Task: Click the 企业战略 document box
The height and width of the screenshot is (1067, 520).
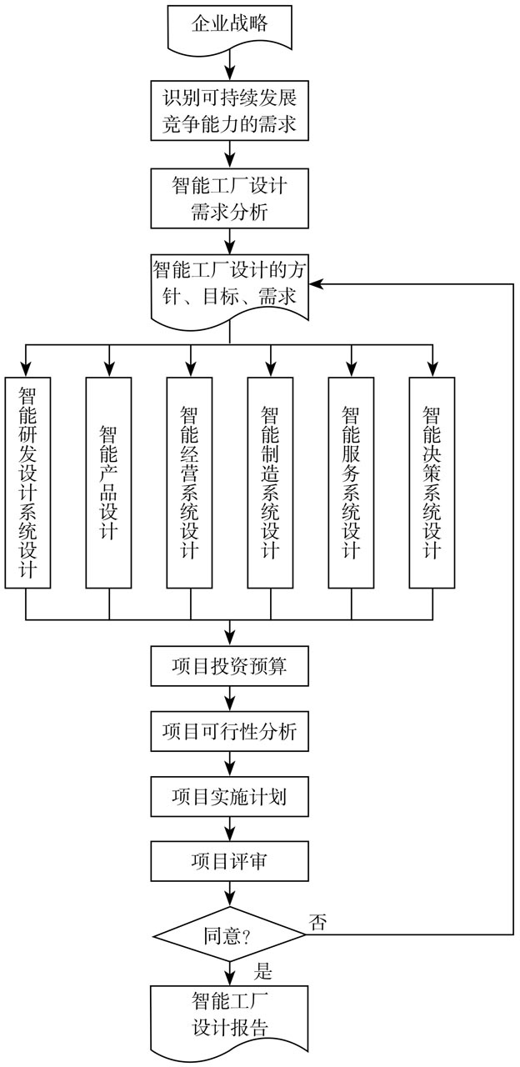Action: pyautogui.click(x=229, y=25)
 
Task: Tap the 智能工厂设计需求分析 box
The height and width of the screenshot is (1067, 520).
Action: pyautogui.click(x=229, y=198)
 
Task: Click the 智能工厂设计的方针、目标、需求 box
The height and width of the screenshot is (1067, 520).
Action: pyautogui.click(x=229, y=285)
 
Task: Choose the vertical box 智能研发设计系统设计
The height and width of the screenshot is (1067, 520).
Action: pyautogui.click(x=27, y=482)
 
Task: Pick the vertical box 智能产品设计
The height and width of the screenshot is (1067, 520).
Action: pyautogui.click(x=108, y=482)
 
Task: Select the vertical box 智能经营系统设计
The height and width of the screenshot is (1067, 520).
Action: pyautogui.click(x=189, y=482)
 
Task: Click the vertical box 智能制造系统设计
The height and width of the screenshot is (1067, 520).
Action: pyautogui.click(x=270, y=482)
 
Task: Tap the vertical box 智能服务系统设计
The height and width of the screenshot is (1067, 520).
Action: pyautogui.click(x=351, y=482)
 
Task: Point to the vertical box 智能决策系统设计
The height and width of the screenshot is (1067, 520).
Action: pyautogui.click(x=432, y=482)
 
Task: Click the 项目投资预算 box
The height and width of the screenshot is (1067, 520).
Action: pyautogui.click(x=229, y=665)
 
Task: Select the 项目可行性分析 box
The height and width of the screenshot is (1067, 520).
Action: pyautogui.click(x=229, y=731)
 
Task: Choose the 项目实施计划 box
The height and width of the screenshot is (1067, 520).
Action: pyautogui.click(x=229, y=797)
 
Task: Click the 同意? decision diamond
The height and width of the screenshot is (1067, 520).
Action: pyautogui.click(x=229, y=934)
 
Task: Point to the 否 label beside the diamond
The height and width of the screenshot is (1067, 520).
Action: pyautogui.click(x=318, y=921)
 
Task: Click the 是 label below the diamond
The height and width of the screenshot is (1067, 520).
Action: pyautogui.click(x=263, y=972)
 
